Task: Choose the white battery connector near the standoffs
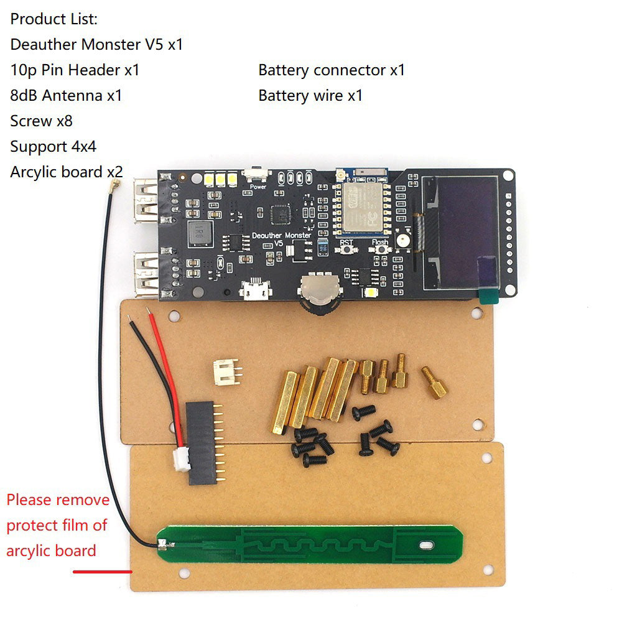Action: (226, 371)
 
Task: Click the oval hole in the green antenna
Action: (427, 546)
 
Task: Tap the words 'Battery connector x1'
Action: (332, 70)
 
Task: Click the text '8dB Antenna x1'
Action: (66, 96)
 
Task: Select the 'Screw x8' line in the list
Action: (41, 121)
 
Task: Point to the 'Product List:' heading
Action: (54, 19)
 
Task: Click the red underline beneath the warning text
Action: (103, 571)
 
